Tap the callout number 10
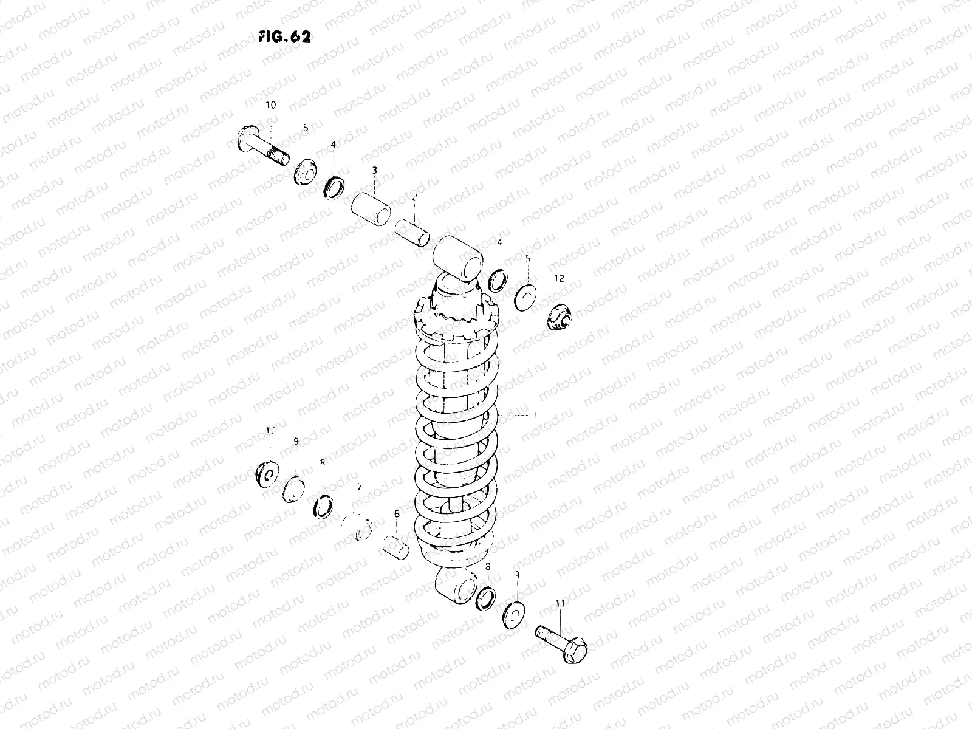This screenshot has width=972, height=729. pyautogui.click(x=270, y=105)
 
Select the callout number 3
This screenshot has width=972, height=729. pyautogui.click(x=375, y=170)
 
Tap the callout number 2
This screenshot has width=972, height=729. pyautogui.click(x=414, y=197)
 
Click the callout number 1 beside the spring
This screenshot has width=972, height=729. pyautogui.click(x=534, y=415)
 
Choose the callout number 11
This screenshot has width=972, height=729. pyautogui.click(x=560, y=604)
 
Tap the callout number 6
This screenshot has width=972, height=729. pyautogui.click(x=397, y=514)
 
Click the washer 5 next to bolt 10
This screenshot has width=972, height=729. pyautogui.click(x=305, y=171)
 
